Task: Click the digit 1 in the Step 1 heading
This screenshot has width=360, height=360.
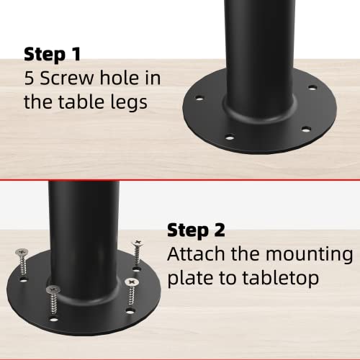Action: click(x=76, y=54)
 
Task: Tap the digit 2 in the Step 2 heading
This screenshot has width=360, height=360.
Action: click(x=220, y=230)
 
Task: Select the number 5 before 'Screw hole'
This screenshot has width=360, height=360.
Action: click(x=29, y=78)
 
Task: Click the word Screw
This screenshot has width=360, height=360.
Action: click(x=67, y=78)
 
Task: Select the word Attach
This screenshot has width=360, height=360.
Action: click(x=197, y=253)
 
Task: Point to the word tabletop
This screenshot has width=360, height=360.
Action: click(x=281, y=278)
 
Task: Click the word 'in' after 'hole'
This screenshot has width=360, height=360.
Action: click(x=153, y=78)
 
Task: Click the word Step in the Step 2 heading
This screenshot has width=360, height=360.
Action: click(x=188, y=231)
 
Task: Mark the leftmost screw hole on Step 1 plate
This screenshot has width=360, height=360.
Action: click(x=199, y=98)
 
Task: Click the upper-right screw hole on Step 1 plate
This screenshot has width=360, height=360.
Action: click(x=312, y=88)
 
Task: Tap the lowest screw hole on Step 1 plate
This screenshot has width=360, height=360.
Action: click(x=230, y=138)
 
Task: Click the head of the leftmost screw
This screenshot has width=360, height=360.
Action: click(x=22, y=252)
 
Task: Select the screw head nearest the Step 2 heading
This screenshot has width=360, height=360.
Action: click(x=138, y=243)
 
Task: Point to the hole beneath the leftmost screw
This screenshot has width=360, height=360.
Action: click(x=23, y=280)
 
